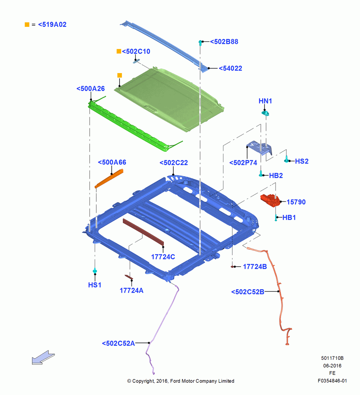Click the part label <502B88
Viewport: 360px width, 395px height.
pyautogui.click(x=224, y=41)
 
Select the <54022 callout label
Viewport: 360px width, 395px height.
pyautogui.click(x=231, y=68)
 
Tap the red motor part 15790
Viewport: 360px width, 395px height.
pyautogui.click(x=270, y=201)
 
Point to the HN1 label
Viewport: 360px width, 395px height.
pyautogui.click(x=265, y=101)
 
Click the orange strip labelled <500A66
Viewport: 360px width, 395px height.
pyautogui.click(x=109, y=179)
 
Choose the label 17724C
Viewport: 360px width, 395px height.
pyautogui.click(x=163, y=257)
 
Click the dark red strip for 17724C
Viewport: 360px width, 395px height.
pyautogui.click(x=143, y=232)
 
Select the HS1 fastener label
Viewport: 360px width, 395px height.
pyautogui.click(x=95, y=285)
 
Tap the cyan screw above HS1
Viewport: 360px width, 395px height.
pyautogui.click(x=95, y=271)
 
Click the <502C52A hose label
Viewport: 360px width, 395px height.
pyautogui.click(x=118, y=343)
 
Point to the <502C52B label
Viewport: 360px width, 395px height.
pyautogui.click(x=248, y=292)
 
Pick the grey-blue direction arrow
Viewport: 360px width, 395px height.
pyautogui.click(x=43, y=357)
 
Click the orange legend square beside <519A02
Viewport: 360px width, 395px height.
pyautogui.click(x=27, y=24)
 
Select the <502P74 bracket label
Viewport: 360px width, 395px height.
pyautogui.click(x=243, y=163)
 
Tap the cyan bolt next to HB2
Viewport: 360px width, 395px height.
pyautogui.click(x=261, y=173)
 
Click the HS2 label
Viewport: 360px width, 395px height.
pyautogui.click(x=302, y=161)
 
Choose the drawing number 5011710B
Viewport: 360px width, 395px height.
pyautogui.click(x=332, y=358)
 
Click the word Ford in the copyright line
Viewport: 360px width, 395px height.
pyautogui.click(x=176, y=381)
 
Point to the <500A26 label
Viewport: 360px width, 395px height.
pyautogui.click(x=91, y=88)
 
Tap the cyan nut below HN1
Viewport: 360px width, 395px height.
pyautogui.click(x=265, y=113)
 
